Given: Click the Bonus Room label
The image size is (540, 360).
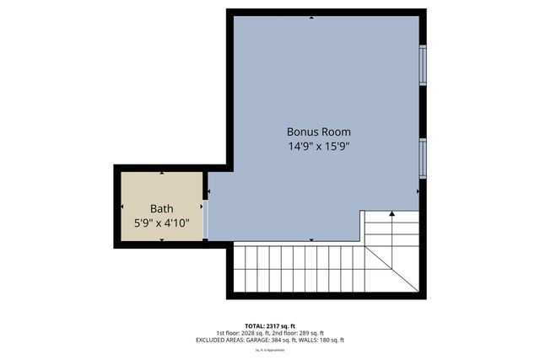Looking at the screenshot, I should click(x=318, y=132).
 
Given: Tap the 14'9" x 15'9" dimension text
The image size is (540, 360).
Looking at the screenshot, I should click(x=318, y=146).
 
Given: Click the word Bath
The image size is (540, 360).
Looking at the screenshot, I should click(x=161, y=208).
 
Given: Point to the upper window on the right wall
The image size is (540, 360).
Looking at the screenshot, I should click(x=423, y=65).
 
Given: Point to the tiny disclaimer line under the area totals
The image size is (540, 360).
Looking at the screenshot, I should click(x=269, y=347).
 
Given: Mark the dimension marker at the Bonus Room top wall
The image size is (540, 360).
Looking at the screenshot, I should click(x=312, y=17).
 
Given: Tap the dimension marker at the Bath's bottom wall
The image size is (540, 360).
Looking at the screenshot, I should click(x=161, y=240).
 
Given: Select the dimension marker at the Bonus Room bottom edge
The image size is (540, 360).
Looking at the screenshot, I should click(x=312, y=240).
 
